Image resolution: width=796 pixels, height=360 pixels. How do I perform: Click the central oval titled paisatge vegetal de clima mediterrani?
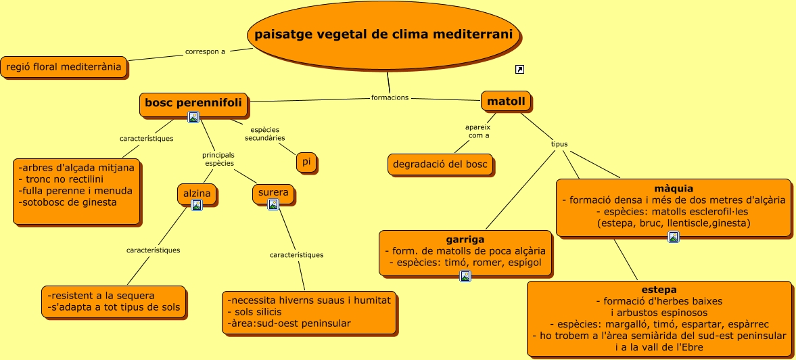pos(383,35)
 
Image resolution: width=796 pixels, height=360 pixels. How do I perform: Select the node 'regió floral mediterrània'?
pos(64,67)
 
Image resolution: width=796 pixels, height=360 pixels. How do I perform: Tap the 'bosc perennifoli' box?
pos(193,103)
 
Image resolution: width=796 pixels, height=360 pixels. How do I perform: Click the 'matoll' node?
pos(506,102)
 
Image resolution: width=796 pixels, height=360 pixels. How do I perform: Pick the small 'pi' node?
pos(306,162)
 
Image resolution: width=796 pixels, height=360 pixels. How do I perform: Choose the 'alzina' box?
pos(197,194)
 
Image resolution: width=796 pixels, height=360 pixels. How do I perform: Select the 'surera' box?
pos(273,193)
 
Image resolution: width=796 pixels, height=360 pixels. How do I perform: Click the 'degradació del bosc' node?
pos(440,164)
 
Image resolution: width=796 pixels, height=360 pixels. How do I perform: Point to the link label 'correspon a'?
pos(205,51)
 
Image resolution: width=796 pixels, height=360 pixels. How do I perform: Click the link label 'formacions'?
pos(390,97)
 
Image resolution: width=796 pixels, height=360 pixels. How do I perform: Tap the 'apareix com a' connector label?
pos(477,131)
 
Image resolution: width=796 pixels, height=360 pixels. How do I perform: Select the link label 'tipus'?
pos(559,144)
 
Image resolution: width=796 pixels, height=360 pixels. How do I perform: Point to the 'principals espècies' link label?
pos(218,160)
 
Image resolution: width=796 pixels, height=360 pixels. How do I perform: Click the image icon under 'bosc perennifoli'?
pos(193,117)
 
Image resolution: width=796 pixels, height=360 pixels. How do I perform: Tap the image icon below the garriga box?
pos(465,275)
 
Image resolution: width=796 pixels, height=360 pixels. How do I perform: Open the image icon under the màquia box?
pos(674,236)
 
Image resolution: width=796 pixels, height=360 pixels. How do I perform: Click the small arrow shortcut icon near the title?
pos(519,69)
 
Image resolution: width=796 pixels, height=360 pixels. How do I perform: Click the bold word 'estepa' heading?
pos(659,289)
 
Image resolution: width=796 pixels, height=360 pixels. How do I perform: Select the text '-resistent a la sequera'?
pos(101,296)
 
